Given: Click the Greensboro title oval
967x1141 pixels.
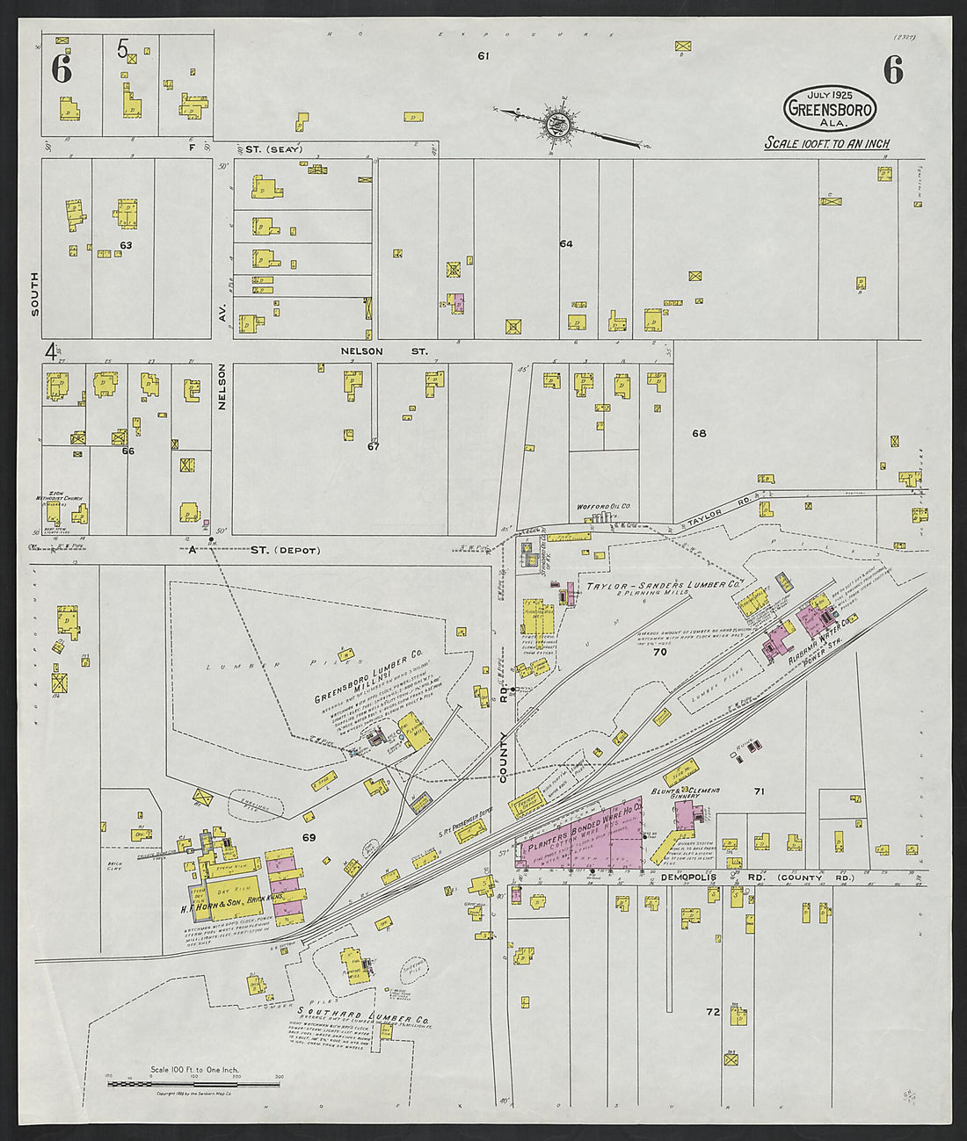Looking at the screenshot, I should pyautogui.click(x=830, y=108).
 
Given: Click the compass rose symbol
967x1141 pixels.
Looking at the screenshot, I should pyautogui.click(x=556, y=125).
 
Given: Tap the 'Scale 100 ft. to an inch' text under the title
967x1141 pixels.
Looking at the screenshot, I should pyautogui.click(x=826, y=143).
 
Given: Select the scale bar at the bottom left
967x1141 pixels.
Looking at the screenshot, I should pyautogui.click(x=193, y=1084).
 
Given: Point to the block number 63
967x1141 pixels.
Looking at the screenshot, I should pyautogui.click(x=126, y=245).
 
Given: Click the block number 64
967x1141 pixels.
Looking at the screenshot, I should pyautogui.click(x=565, y=243).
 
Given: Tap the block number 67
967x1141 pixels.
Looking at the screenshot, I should pyautogui.click(x=373, y=446).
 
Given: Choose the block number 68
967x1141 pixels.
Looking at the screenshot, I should pyautogui.click(x=699, y=433).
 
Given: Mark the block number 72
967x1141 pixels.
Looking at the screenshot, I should pyautogui.click(x=713, y=1012).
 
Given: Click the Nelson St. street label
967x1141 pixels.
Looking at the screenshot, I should pyautogui.click(x=384, y=351).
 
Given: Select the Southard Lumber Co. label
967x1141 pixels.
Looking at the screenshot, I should pyautogui.click(x=362, y=1011).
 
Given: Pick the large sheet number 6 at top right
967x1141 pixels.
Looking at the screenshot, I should pyautogui.click(x=893, y=70).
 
